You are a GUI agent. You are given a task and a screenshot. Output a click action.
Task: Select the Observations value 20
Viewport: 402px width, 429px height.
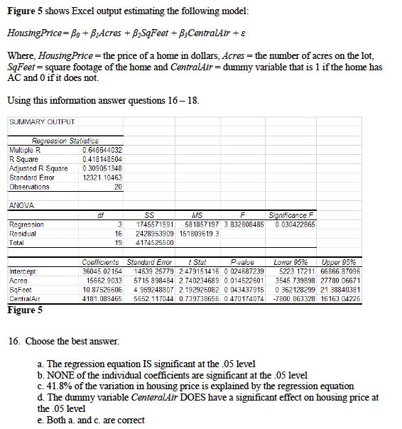[x=117, y=187]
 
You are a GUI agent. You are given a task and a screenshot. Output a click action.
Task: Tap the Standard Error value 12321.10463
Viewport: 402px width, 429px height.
[x=102, y=178]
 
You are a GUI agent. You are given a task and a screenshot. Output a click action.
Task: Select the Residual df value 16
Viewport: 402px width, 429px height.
[x=121, y=233]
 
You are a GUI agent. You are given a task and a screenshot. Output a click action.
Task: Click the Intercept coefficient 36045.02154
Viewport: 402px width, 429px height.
[x=99, y=271]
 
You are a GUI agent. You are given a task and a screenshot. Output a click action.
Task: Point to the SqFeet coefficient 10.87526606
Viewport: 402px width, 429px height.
[x=99, y=289]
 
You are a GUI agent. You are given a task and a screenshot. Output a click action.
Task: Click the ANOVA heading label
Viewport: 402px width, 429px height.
[x=19, y=205]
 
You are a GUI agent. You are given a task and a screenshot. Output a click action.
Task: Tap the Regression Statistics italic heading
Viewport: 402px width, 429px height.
[x=65, y=141]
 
